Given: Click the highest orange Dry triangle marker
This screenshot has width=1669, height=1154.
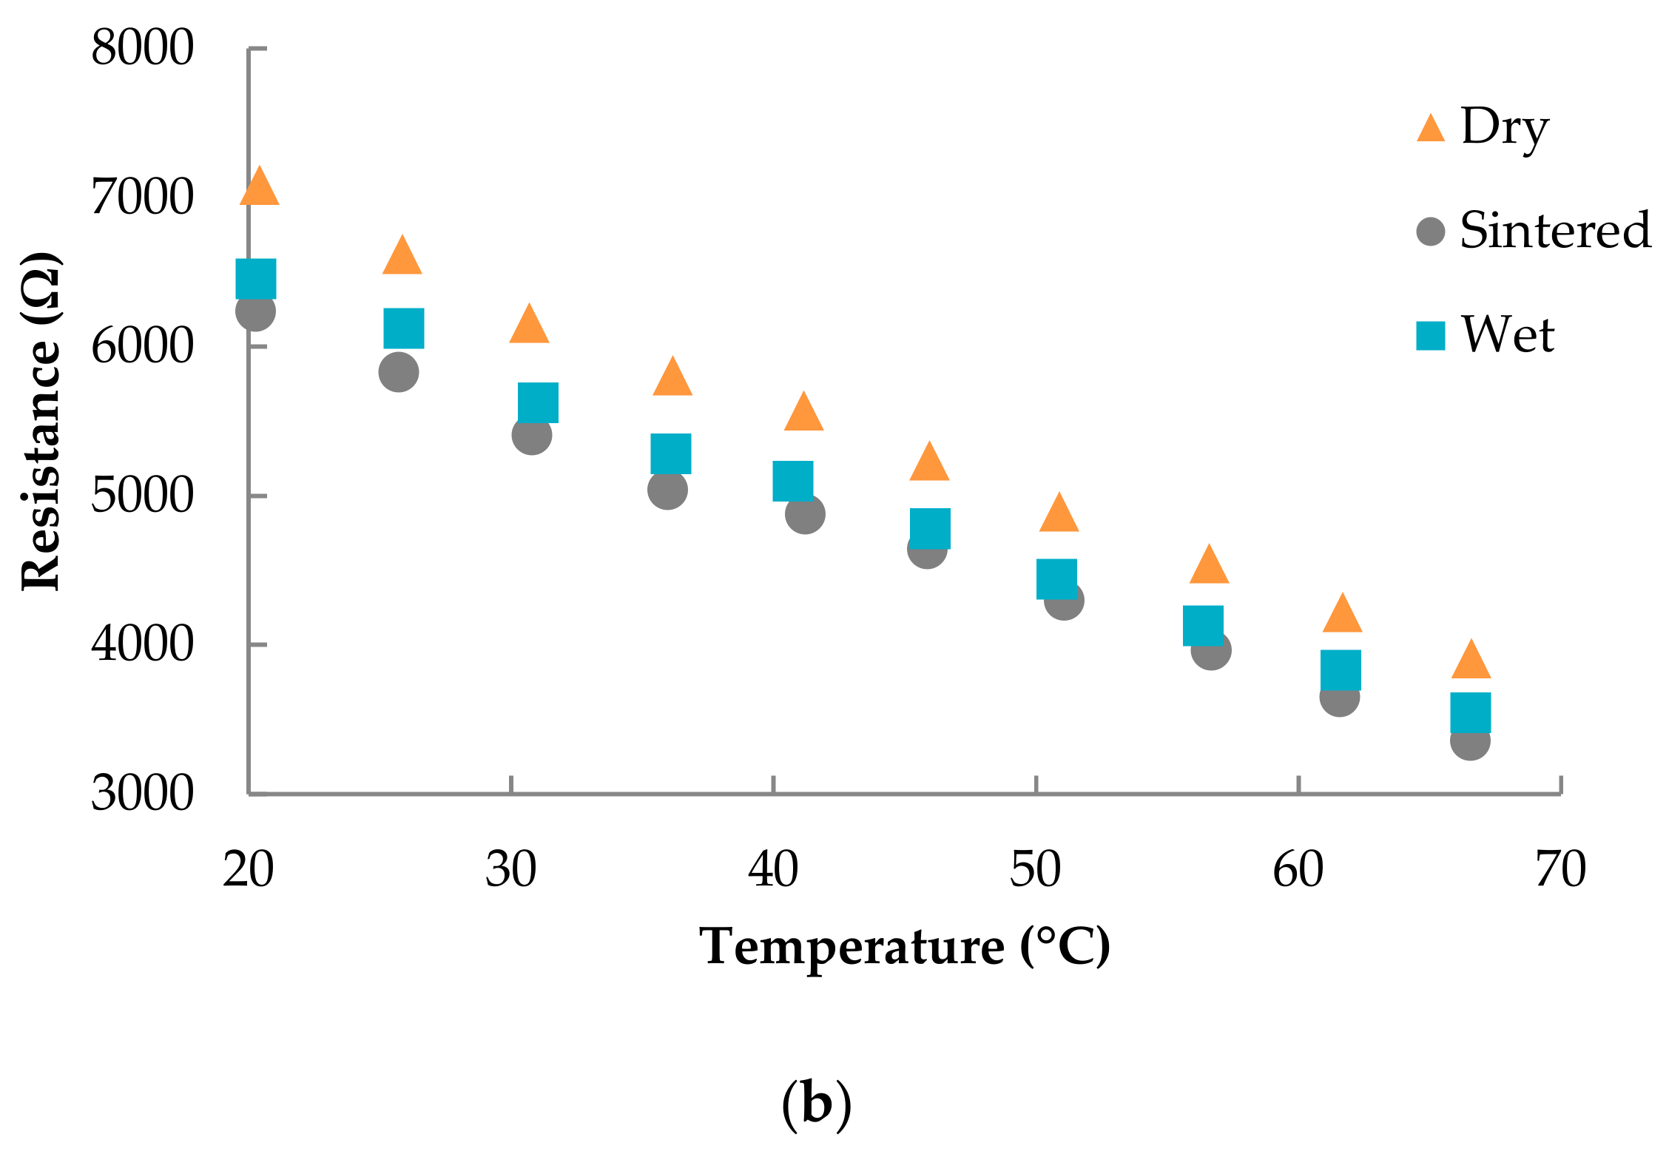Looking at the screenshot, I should (259, 188).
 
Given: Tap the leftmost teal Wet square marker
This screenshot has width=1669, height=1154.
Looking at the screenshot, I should (256, 279).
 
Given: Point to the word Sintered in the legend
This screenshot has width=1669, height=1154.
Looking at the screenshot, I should (1555, 230).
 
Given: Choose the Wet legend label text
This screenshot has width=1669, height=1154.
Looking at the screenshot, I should (1508, 335).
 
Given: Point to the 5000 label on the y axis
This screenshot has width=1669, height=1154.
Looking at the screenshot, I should (142, 496).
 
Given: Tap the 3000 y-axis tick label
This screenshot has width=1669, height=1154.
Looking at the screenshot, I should (142, 794).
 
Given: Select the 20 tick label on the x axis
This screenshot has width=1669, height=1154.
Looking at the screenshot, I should (249, 870).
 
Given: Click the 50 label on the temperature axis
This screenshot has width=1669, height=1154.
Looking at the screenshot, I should (1036, 870).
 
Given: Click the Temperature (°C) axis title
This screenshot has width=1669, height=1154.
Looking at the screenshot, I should (904, 947).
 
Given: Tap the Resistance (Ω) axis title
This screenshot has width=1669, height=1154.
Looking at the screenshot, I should (41, 422).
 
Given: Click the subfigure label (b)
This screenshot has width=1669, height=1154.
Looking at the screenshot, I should (816, 1105).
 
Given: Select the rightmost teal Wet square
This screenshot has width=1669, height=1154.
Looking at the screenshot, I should (1471, 712).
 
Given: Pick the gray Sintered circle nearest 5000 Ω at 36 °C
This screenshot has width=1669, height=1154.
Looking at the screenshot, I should (667, 490).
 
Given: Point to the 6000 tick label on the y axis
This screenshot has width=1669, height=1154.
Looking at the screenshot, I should (142, 346).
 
